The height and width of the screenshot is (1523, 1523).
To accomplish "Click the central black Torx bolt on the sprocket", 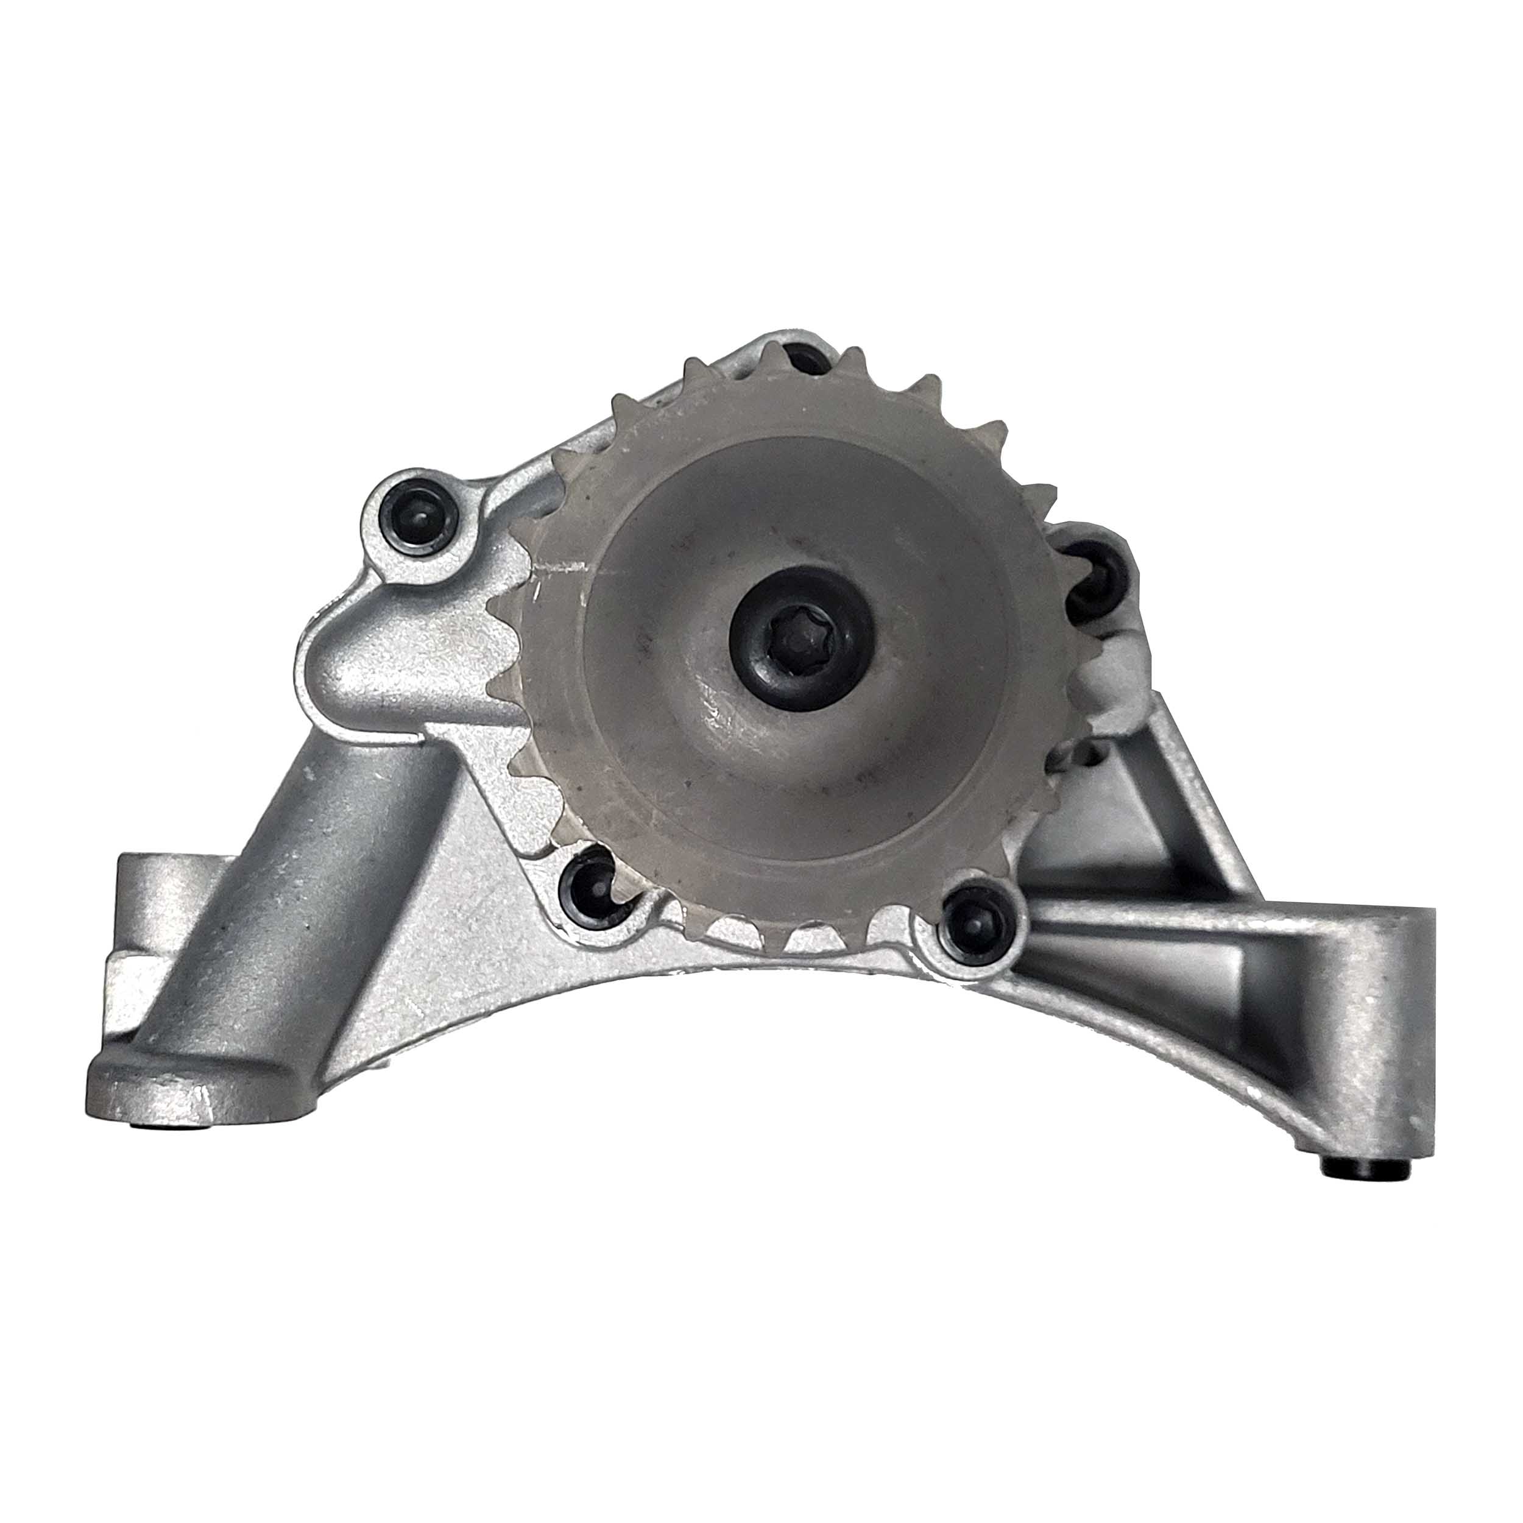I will point(801,638).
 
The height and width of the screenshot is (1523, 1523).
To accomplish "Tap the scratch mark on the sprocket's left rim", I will point(561,567).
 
